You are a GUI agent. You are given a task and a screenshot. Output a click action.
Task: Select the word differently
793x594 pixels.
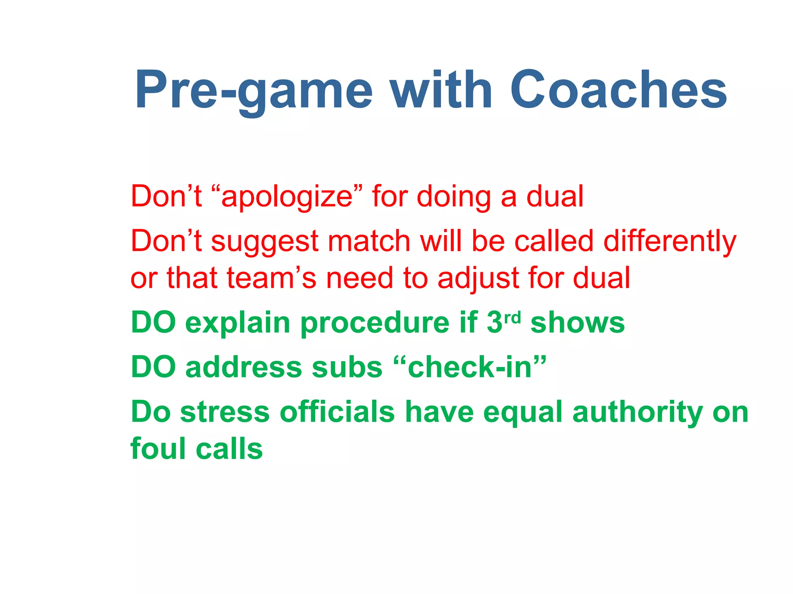(670, 241)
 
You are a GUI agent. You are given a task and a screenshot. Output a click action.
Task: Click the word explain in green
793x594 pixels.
(238, 323)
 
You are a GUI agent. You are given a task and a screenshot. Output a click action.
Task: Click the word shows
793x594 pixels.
(577, 323)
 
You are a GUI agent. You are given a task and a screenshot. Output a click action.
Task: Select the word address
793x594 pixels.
(244, 367)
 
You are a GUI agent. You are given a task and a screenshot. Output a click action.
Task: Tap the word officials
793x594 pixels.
(337, 412)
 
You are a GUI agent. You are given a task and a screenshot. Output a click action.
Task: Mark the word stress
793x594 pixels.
(225, 412)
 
